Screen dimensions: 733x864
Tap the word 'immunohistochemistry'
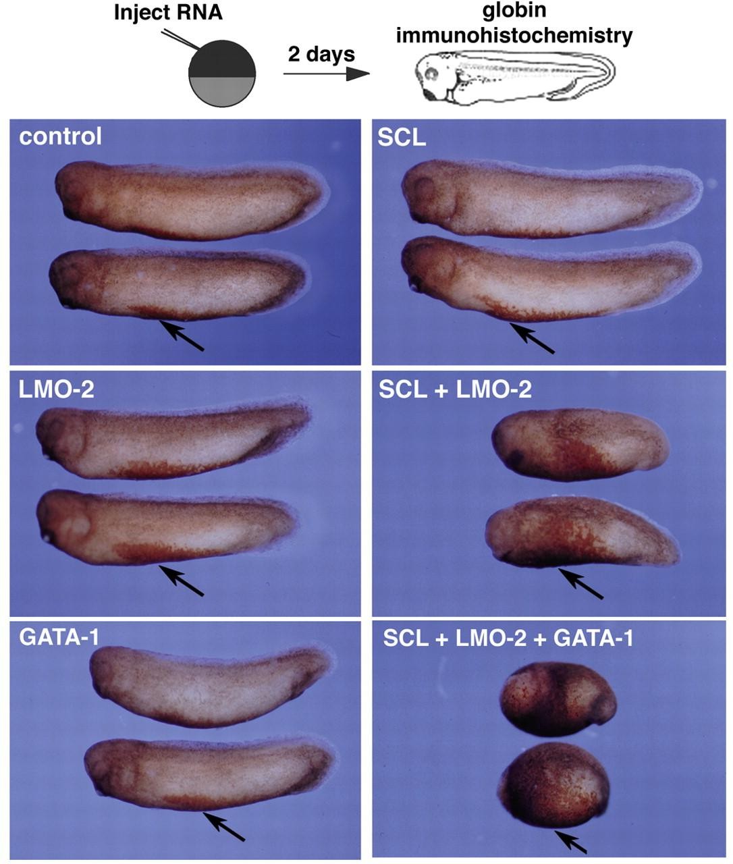coord(514,35)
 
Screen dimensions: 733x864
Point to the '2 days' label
coord(321,54)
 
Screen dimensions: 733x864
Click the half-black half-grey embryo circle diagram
coord(222,74)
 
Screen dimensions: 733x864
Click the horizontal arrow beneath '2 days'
coord(327,74)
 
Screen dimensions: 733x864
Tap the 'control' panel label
coord(60,136)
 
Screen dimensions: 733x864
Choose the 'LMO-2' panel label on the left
coord(57,389)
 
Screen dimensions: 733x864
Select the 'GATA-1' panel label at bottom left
coord(59,637)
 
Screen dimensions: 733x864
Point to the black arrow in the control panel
coord(182,335)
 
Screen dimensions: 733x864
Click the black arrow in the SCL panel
coord(532,337)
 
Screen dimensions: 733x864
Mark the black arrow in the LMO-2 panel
coord(182,580)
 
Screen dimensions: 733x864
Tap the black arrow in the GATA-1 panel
coord(223,826)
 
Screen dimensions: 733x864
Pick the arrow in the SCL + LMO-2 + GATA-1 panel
coord(570,842)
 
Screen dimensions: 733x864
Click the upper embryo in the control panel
coord(192,200)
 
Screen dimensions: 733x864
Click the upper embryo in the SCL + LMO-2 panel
coord(580,445)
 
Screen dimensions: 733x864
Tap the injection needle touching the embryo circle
coord(180,39)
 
